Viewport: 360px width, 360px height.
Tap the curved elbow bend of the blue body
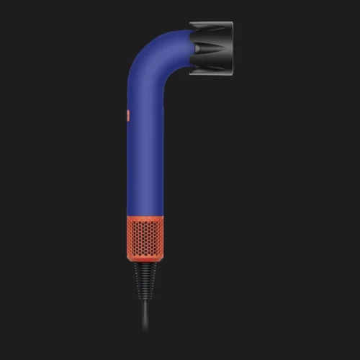[148, 50]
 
